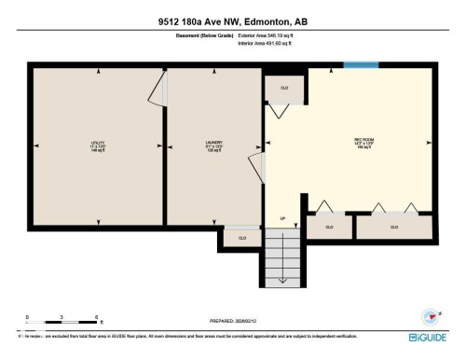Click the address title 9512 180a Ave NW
(232, 20)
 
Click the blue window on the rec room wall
(355, 64)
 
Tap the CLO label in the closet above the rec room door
(284, 88)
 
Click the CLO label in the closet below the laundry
(242, 238)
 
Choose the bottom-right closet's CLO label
(394, 227)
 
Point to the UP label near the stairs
(282, 220)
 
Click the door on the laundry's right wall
(264, 168)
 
